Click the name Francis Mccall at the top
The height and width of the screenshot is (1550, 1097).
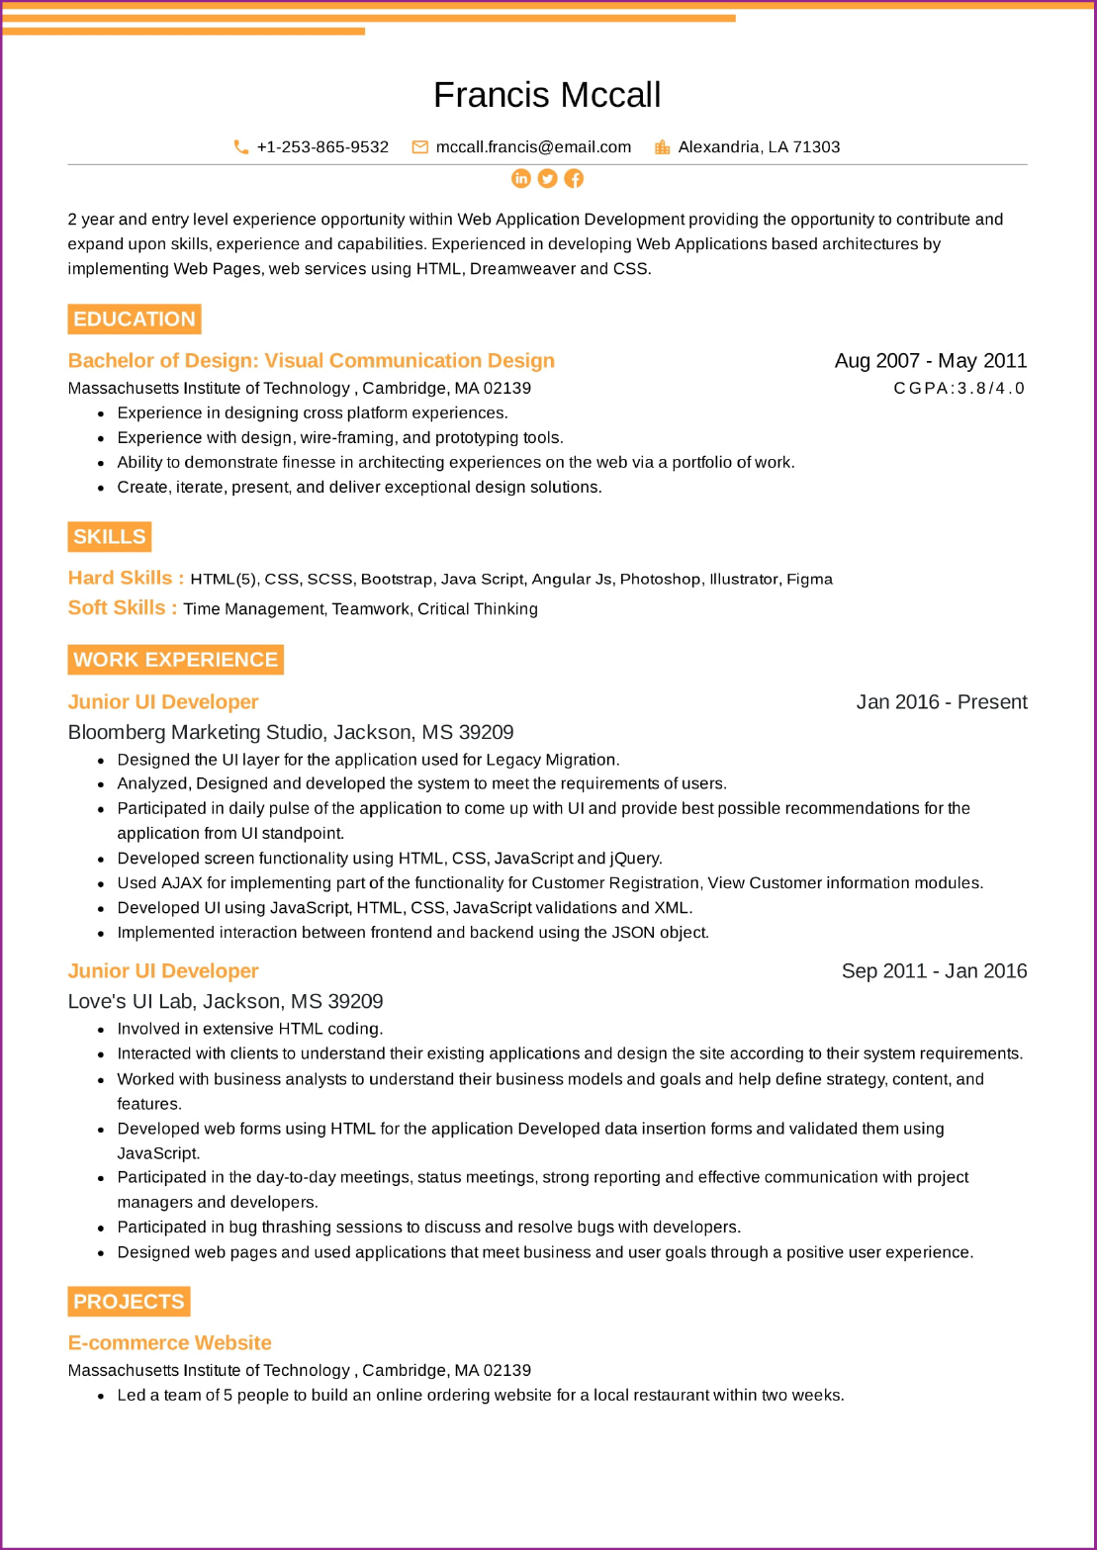[547, 95]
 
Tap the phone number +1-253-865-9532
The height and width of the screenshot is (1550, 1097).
[322, 147]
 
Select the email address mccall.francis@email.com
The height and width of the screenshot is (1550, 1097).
[533, 147]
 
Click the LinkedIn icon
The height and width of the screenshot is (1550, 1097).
[521, 178]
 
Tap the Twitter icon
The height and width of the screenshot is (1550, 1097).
[547, 178]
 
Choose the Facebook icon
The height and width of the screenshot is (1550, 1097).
[574, 178]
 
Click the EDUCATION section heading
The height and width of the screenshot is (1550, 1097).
[135, 319]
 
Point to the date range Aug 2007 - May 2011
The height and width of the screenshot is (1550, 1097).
[930, 361]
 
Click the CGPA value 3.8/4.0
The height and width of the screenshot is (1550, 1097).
[959, 388]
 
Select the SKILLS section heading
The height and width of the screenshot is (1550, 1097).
[110, 537]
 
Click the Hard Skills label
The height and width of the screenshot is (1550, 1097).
[126, 578]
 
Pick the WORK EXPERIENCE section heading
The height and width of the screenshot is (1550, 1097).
[175, 660]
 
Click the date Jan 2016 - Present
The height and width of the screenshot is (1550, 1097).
[941, 702]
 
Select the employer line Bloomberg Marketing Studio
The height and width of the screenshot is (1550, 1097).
[291, 732]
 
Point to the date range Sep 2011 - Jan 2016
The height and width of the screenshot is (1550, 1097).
[934, 971]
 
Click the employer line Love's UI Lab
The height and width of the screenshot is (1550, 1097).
[226, 1001]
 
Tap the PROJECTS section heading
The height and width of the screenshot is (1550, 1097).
[129, 1302]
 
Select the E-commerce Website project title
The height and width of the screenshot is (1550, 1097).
[169, 1343]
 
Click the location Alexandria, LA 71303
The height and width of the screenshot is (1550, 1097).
[759, 147]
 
